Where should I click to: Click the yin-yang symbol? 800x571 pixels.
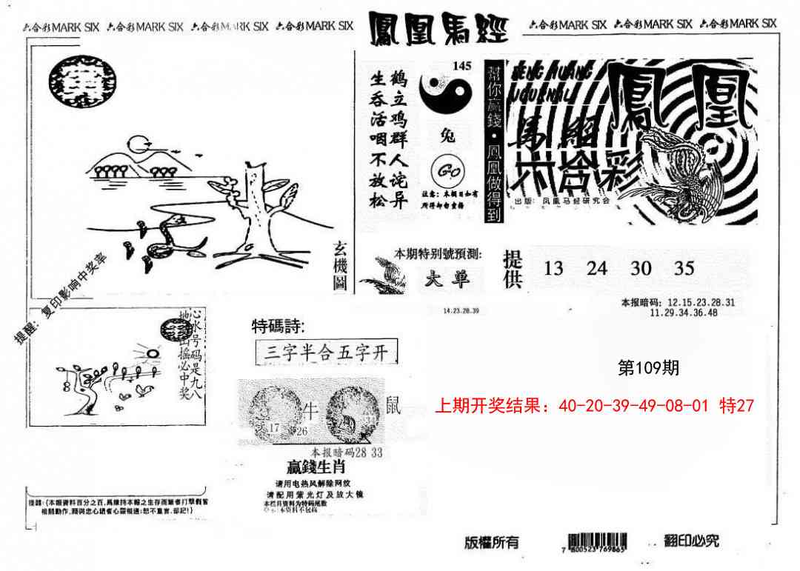click(x=445, y=93)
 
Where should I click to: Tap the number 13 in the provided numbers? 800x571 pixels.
click(x=553, y=268)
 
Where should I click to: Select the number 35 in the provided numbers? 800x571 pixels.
click(x=684, y=268)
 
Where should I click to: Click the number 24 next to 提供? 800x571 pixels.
click(x=597, y=268)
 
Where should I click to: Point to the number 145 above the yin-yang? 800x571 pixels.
click(x=461, y=66)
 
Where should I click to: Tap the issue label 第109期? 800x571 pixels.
click(x=648, y=368)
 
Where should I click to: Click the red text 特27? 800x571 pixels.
click(x=736, y=406)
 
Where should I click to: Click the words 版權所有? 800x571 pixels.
click(x=492, y=542)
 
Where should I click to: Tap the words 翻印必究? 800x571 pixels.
click(x=692, y=541)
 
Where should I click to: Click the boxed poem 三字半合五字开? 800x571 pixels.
click(x=326, y=352)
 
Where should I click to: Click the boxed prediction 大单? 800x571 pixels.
click(x=453, y=279)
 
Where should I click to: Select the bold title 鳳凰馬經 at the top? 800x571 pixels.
click(x=438, y=27)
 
